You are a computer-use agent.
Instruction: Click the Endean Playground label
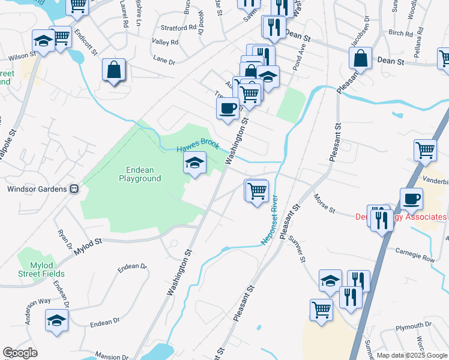(x=140, y=174)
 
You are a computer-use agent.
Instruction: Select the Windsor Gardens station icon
(x=74, y=189)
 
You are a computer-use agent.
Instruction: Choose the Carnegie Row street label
(x=414, y=254)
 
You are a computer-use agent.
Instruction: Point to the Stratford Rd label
(x=178, y=28)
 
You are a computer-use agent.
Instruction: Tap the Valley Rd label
(x=165, y=42)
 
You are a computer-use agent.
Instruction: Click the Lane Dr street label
(x=164, y=60)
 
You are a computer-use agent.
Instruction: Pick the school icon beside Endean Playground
(x=194, y=163)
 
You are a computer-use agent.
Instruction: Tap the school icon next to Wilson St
(x=43, y=41)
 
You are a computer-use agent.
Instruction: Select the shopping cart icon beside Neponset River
(x=257, y=191)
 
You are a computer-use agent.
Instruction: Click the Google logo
(x=20, y=353)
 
